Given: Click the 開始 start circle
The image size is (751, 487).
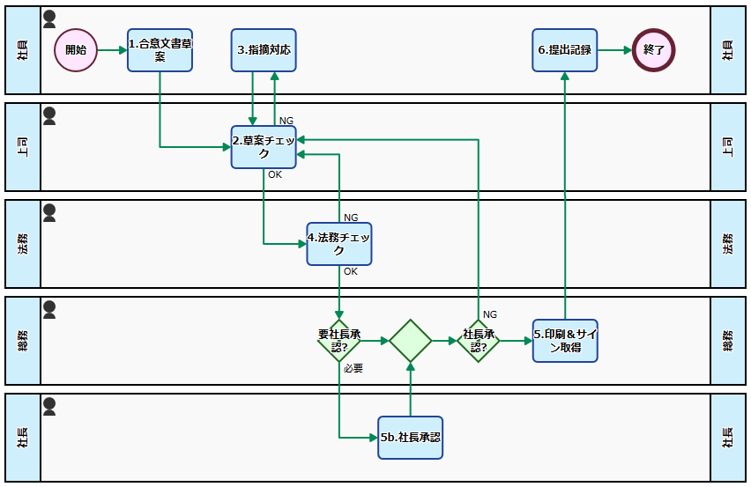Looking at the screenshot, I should point(76,50).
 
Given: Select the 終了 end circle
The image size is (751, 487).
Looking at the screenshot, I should point(654,50).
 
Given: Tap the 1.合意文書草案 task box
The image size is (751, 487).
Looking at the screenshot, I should point(160,50).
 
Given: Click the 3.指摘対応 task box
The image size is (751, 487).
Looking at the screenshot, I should point(264,50).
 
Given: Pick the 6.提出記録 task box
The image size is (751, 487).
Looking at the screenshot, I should point(564,50).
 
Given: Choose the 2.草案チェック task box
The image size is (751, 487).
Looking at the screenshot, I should point(264,147).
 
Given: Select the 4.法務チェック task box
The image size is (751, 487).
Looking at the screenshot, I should point(339,244).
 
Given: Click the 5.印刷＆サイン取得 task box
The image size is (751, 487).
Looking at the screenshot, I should point(565,341).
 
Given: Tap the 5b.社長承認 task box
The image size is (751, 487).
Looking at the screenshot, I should point(411,438).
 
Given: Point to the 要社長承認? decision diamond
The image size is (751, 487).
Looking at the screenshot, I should point(339,341).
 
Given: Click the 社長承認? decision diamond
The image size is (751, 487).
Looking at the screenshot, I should point(479,341).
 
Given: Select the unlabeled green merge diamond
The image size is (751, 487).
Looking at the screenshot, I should point(411,341).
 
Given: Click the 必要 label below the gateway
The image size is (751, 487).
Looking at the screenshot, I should point(353,368).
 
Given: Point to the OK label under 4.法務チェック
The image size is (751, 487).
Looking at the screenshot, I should point(351,271).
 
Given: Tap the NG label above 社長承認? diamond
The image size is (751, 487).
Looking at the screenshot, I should point(490,314).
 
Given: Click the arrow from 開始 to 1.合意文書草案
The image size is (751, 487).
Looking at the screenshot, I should point(112,50).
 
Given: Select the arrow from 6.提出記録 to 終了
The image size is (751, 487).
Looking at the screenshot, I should point(614,50).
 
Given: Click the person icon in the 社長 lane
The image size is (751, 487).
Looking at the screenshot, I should point(49,406).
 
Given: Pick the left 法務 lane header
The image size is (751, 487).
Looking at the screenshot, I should point(23,244).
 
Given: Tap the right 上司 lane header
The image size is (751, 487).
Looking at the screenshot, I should point(728,147).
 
